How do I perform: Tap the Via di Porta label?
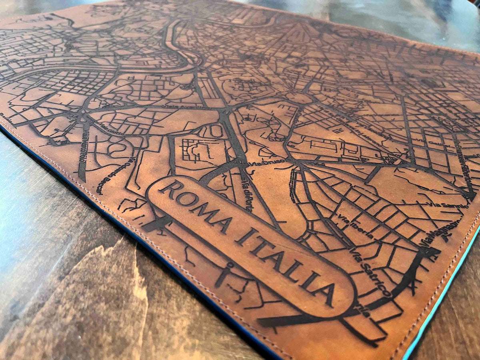247,194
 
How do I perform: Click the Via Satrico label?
370,272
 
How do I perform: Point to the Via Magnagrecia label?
440,232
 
